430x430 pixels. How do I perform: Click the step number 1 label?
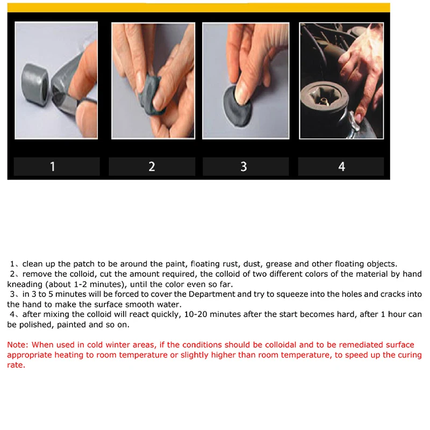pyautogui.click(x=52, y=167)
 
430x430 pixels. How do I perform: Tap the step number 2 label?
pyautogui.click(x=152, y=167)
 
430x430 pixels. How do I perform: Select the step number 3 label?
pyautogui.click(x=244, y=167)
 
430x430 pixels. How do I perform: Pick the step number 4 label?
pyautogui.click(x=342, y=167)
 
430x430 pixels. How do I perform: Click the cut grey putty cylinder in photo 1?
pyautogui.click(x=35, y=84)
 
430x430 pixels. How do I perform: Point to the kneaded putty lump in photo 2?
pyautogui.click(x=150, y=95)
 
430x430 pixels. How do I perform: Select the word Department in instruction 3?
pyautogui.click(x=212, y=294)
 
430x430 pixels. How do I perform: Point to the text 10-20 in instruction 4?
pyautogui.click(x=196, y=314)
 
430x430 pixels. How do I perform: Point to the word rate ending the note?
pyautogui.click(x=16, y=365)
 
